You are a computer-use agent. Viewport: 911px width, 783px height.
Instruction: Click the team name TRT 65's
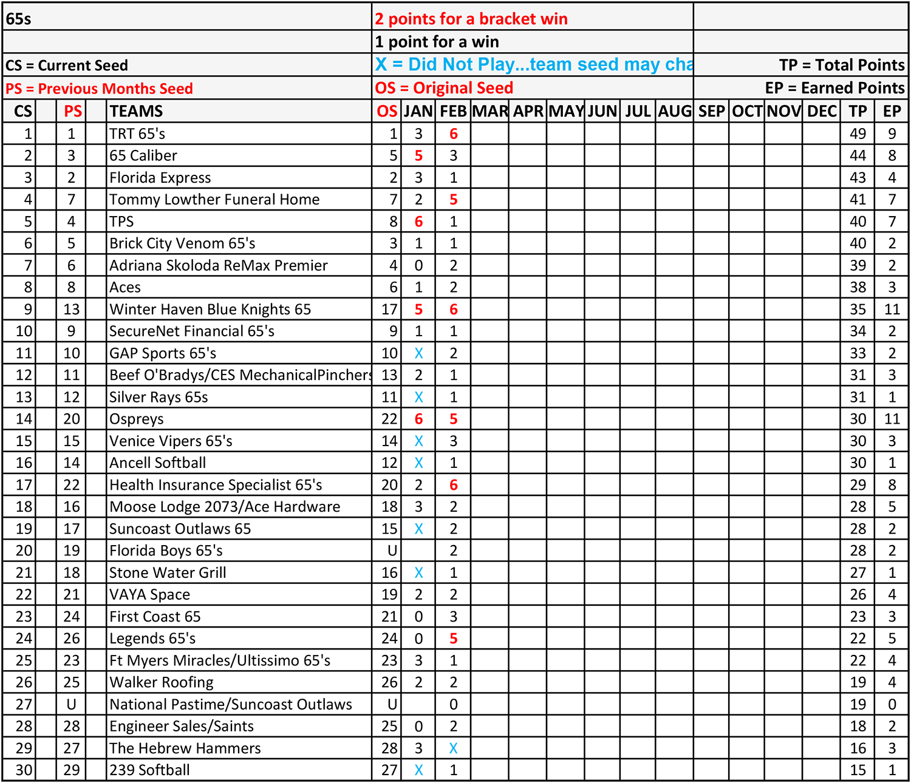(137, 134)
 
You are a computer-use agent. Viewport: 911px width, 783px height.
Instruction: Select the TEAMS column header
(136, 111)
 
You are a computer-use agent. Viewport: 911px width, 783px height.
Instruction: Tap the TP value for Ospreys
(858, 419)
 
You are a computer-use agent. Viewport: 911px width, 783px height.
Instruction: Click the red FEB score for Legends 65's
(453, 639)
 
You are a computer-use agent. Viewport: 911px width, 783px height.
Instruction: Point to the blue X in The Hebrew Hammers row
(453, 748)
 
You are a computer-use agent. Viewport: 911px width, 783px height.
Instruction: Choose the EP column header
(892, 111)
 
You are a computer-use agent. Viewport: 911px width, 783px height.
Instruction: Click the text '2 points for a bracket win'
(471, 19)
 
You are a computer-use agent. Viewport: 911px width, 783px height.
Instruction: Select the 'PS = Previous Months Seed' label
(99, 89)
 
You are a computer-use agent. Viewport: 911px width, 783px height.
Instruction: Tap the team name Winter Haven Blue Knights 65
(210, 310)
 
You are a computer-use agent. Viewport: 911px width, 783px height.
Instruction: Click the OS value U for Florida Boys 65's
(392, 551)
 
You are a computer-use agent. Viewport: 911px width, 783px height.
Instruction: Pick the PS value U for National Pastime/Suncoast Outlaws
(72, 704)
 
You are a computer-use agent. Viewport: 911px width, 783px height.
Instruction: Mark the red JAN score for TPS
(418, 222)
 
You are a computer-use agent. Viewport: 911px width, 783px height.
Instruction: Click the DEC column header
(822, 111)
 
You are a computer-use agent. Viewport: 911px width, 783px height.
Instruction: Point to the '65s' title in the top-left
(18, 19)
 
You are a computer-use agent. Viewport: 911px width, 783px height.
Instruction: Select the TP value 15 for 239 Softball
(858, 770)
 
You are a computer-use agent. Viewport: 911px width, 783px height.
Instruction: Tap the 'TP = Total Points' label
(842, 65)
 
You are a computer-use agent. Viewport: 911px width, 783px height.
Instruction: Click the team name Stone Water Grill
(168, 572)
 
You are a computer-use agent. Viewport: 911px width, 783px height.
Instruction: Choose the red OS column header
(387, 111)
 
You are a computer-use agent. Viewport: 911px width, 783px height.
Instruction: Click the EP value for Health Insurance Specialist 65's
(892, 485)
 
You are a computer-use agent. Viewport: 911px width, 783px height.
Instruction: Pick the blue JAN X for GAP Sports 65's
(418, 353)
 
